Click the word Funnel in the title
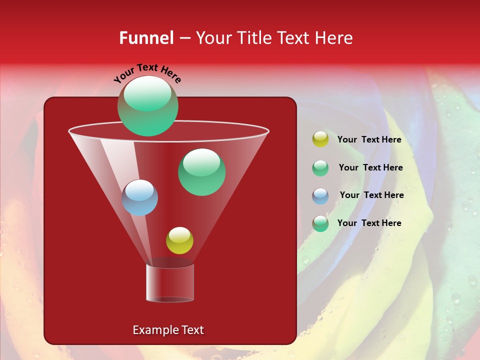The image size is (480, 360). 146,38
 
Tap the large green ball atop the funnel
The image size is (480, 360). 147,106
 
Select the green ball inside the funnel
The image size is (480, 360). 201,172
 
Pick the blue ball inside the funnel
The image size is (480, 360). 139,198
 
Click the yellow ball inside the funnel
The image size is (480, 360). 179,240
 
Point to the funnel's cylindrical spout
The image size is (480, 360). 169,283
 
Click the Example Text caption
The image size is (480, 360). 168,330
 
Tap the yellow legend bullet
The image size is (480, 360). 320,139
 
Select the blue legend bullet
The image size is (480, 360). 320,196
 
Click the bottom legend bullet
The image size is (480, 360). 320,223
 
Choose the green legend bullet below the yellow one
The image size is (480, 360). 320,168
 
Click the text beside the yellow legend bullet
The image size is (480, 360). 369,140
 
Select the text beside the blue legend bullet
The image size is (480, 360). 371,195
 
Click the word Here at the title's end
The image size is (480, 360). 334,38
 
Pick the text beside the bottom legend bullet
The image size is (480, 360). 369,223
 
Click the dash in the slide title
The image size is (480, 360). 184,38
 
